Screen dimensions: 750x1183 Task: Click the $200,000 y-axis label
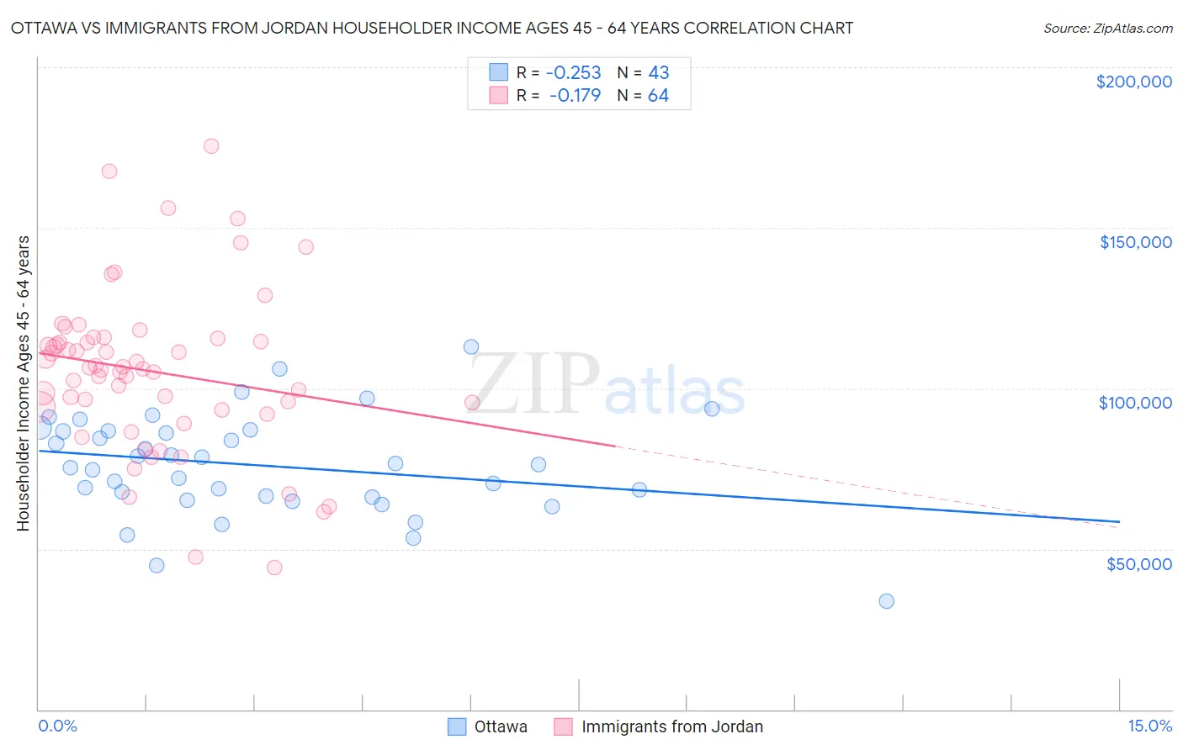click(x=1133, y=82)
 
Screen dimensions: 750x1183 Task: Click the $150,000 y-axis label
click(x=1135, y=242)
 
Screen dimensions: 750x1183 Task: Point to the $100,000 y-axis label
click(x=1135, y=403)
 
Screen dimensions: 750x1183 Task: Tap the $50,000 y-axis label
click(x=1138, y=564)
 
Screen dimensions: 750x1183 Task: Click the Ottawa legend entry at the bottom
click(x=501, y=727)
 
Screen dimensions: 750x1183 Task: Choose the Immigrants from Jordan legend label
click(x=671, y=727)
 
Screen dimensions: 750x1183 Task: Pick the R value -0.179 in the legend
click(x=576, y=96)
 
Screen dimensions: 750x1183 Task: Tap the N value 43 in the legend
click(x=658, y=73)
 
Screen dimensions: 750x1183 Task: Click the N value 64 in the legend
click(x=658, y=96)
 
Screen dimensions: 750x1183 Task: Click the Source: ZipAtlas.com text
click(x=1107, y=28)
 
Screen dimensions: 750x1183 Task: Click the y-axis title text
click(x=24, y=383)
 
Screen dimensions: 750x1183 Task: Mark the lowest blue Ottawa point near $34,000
click(x=886, y=601)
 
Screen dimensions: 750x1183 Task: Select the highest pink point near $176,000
click(x=211, y=146)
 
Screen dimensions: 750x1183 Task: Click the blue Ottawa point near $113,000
click(x=471, y=347)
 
